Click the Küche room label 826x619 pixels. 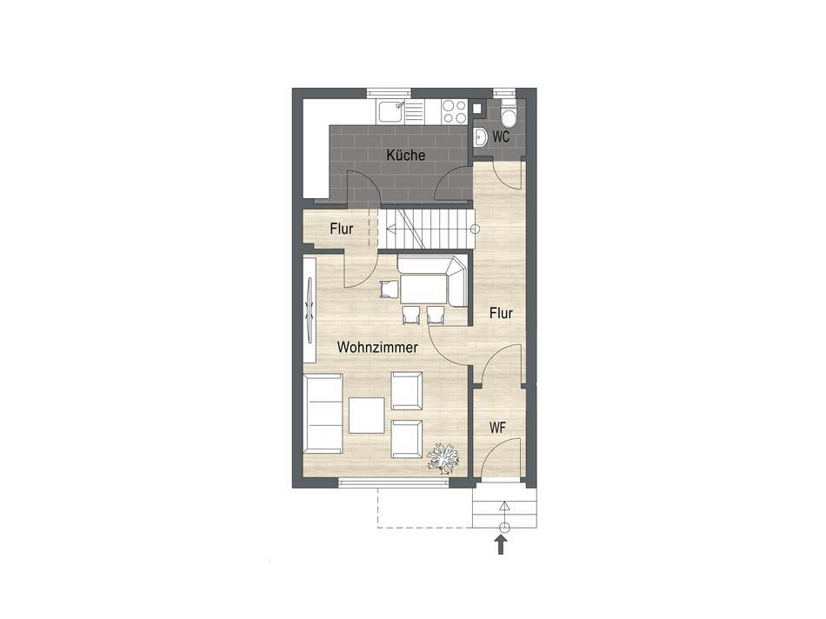click(x=406, y=156)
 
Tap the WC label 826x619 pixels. click(x=501, y=137)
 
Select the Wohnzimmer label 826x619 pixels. click(x=377, y=348)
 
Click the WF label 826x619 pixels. click(x=498, y=428)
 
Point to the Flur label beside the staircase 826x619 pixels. click(x=342, y=230)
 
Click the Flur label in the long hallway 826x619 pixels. click(x=501, y=314)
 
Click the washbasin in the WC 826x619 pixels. click(x=481, y=138)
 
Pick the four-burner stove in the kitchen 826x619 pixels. click(x=455, y=111)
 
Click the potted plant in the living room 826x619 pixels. click(x=443, y=458)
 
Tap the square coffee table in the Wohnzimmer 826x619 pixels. click(x=367, y=415)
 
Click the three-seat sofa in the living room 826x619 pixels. click(x=323, y=414)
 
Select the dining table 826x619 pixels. click(x=423, y=289)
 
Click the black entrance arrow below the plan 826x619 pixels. click(x=501, y=545)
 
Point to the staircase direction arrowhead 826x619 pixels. click(x=391, y=229)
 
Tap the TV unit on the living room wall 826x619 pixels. click(x=310, y=309)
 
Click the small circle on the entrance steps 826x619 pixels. click(x=504, y=527)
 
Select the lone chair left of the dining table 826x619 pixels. click(x=389, y=289)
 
